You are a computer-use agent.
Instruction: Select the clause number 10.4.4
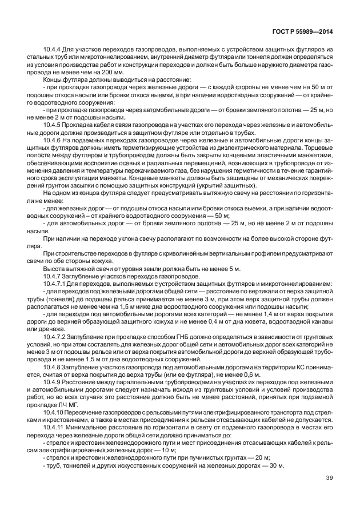point(53,50)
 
